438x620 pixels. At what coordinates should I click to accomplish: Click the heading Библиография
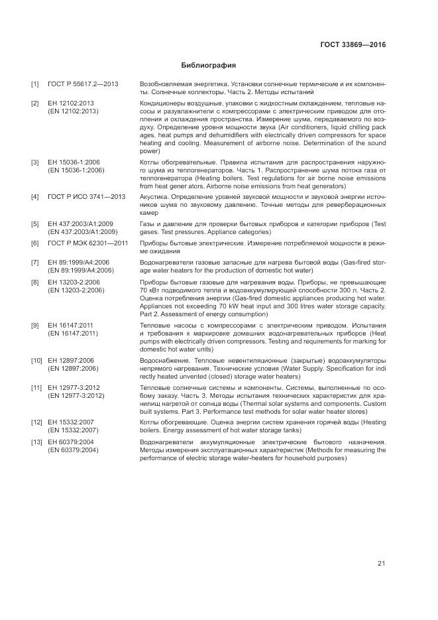click(x=208, y=66)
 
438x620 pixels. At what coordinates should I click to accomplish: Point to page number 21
click(x=381, y=564)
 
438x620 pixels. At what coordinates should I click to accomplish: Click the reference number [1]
click(x=35, y=85)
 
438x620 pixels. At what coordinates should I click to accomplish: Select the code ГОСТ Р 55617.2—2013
click(x=82, y=85)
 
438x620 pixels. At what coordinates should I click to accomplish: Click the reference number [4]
click(x=35, y=197)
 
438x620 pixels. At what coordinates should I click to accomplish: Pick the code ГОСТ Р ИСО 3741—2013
click(x=86, y=197)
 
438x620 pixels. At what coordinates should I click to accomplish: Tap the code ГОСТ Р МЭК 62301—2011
click(x=87, y=243)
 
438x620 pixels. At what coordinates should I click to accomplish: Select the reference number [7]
click(x=35, y=262)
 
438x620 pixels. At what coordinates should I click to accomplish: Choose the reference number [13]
click(x=36, y=442)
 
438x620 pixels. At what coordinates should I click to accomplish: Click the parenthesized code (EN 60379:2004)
click(x=73, y=450)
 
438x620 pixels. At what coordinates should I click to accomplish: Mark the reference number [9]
click(x=35, y=325)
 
